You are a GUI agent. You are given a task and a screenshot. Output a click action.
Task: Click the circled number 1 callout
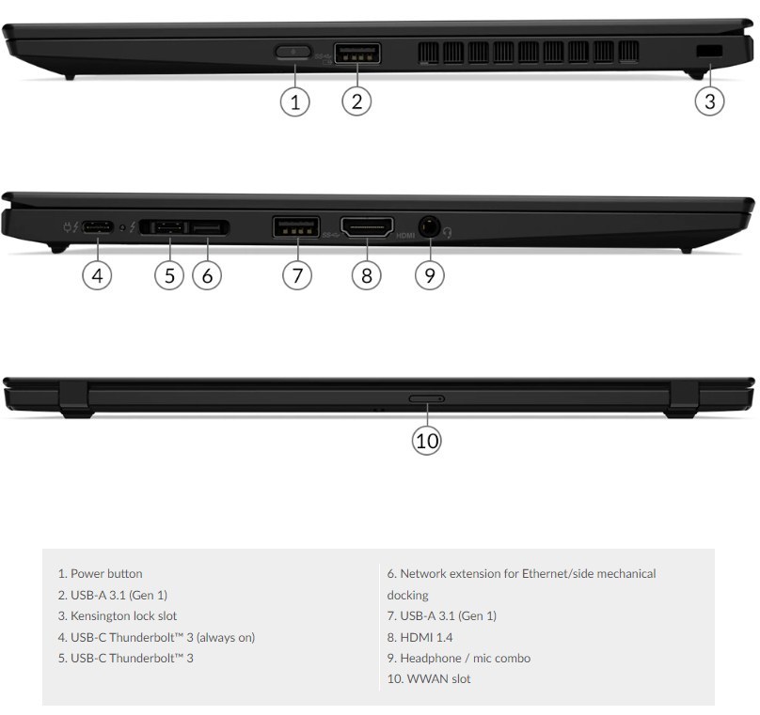point(295,101)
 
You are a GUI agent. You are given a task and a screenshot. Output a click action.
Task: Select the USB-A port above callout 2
point(357,54)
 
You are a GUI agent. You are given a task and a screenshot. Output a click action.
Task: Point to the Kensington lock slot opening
point(705,50)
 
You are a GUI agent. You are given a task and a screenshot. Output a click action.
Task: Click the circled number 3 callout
point(710,101)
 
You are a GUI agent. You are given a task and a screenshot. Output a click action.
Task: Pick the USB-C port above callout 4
point(98,227)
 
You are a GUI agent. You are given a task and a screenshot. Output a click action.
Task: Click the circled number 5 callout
point(169,275)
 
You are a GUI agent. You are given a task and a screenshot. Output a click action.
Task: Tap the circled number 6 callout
point(207,275)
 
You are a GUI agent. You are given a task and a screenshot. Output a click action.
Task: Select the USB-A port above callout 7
point(296,227)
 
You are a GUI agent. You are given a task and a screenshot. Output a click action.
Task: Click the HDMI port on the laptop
point(366,227)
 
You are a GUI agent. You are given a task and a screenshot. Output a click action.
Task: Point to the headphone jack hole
point(429,227)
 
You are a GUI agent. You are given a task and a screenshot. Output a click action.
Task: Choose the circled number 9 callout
point(430,275)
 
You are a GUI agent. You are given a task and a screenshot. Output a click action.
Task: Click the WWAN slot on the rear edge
point(427,399)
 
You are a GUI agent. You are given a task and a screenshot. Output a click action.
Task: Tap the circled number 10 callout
point(428,441)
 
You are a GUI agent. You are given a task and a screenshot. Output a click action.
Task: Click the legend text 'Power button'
point(106,573)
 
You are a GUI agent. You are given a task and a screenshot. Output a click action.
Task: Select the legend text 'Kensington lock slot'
point(123,616)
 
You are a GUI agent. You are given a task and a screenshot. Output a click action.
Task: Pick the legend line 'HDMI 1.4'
point(428,637)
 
